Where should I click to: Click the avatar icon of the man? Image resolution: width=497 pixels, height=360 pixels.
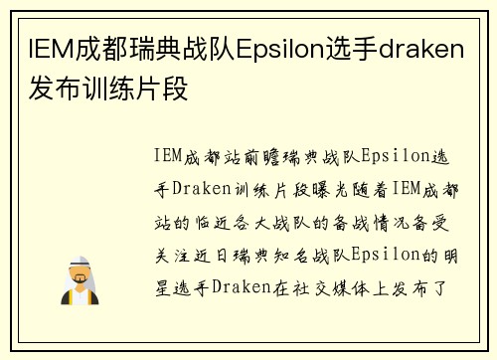pyautogui.click(x=81, y=280)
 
